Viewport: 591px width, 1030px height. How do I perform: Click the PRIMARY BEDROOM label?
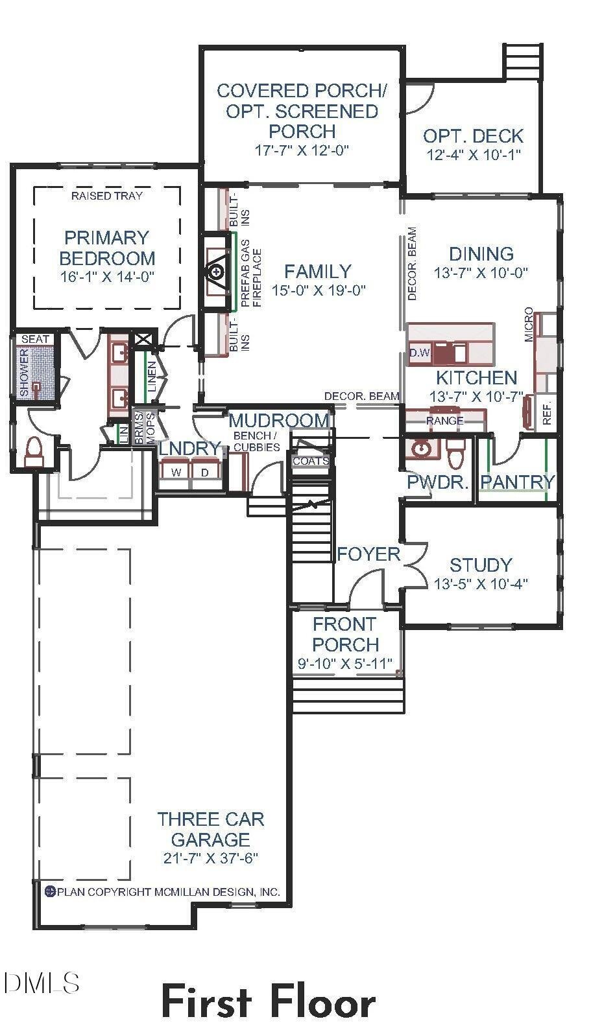[107, 248]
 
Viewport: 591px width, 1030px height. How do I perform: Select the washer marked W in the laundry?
[176, 472]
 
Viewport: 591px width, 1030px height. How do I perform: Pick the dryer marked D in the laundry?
[205, 472]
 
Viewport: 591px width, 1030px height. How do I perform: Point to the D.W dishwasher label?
[420, 353]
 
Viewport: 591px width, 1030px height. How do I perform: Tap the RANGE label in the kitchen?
[444, 421]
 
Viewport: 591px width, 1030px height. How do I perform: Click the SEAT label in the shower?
[35, 339]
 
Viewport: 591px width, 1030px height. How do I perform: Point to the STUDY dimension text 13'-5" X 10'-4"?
[481, 583]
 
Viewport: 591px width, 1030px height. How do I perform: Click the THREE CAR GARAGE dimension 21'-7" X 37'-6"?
[210, 858]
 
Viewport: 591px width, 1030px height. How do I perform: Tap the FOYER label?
[368, 554]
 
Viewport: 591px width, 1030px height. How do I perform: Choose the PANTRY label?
[517, 482]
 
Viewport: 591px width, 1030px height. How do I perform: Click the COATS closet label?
[310, 462]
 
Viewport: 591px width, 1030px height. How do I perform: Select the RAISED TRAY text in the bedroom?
[107, 195]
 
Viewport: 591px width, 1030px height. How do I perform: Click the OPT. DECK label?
[474, 136]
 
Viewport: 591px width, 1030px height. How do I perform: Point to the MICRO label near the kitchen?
[529, 325]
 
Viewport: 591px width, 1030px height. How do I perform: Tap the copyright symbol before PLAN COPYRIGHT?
[49, 892]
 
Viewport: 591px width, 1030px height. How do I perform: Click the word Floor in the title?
[323, 1003]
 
